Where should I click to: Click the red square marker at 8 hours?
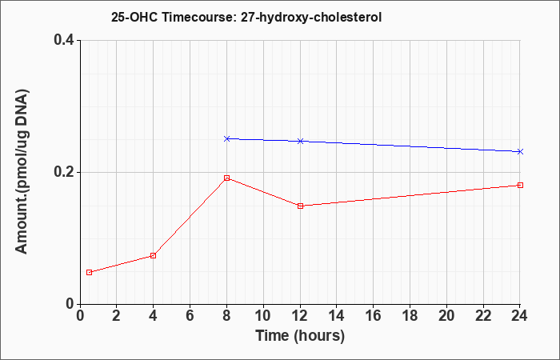[x=226, y=178]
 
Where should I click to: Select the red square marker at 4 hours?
[x=154, y=255]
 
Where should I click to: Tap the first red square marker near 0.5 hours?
[x=90, y=272]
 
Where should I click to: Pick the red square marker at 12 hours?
[x=300, y=206]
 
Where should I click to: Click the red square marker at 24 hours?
[x=520, y=185]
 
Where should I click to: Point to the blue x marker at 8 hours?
[x=226, y=138]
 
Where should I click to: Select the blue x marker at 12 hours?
[x=300, y=141]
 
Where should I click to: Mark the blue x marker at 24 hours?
[x=520, y=151]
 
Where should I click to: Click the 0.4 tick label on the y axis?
[x=64, y=40]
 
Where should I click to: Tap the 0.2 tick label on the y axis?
[x=64, y=172]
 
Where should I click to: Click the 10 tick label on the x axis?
[x=263, y=316]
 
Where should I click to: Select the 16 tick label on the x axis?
[x=374, y=316]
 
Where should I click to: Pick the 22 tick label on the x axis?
[x=483, y=316]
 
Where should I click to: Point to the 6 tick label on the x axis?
[x=190, y=316]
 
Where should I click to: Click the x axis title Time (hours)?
[x=300, y=336]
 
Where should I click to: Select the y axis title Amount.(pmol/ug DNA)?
[x=22, y=171]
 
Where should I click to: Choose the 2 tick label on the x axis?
[x=117, y=316]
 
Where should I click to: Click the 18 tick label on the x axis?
[x=410, y=316]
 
